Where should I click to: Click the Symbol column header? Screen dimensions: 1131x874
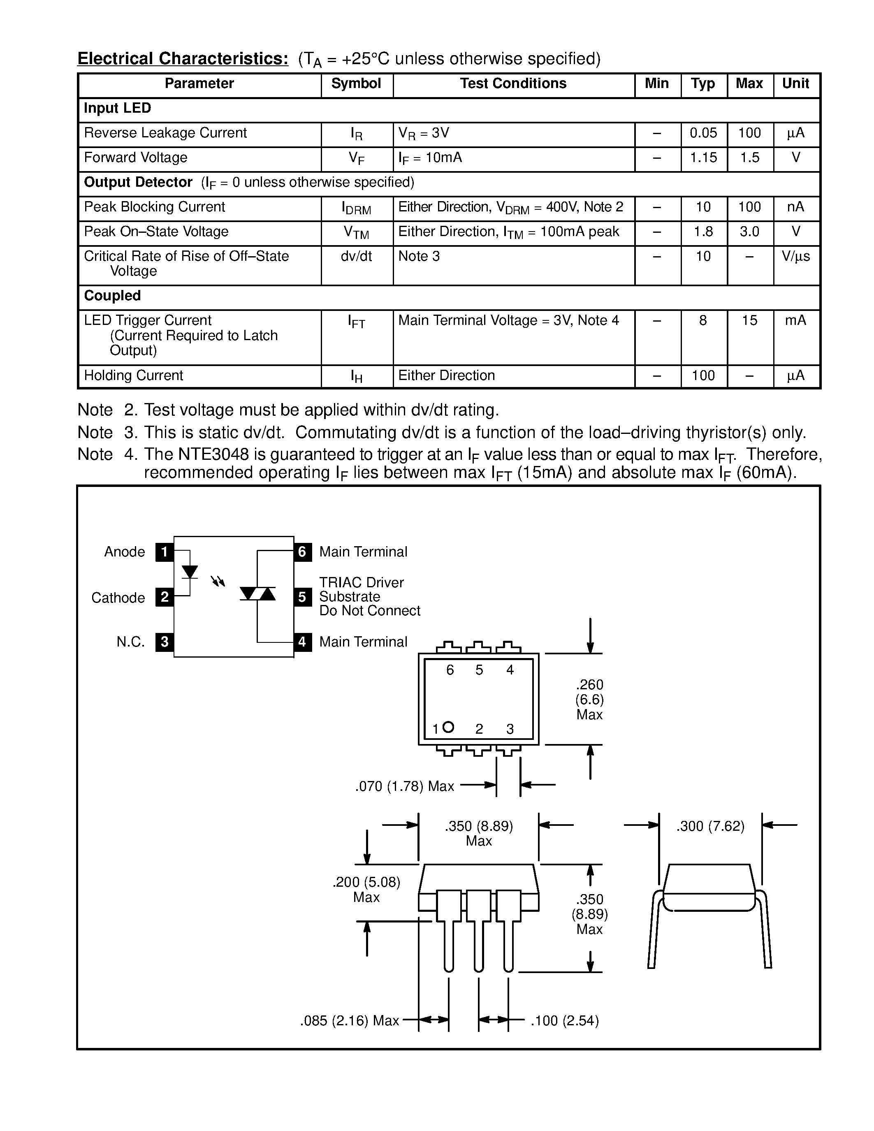click(x=356, y=84)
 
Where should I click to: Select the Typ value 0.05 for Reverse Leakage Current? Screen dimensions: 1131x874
click(x=703, y=133)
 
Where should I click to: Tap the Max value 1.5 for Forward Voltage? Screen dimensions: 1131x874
click(x=749, y=158)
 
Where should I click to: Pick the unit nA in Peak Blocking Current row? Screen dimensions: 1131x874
click(x=795, y=207)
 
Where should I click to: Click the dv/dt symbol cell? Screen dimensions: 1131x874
click(x=356, y=256)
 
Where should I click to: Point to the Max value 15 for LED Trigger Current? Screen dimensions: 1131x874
click(x=749, y=320)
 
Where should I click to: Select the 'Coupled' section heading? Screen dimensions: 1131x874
click(x=112, y=296)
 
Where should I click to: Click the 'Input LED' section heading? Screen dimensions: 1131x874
click(x=118, y=108)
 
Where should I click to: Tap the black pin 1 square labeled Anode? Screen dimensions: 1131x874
click(x=164, y=552)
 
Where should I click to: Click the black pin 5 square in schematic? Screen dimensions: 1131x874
click(x=302, y=597)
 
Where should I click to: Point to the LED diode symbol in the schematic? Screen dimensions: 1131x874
click(x=190, y=572)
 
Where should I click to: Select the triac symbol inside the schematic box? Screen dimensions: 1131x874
click(x=257, y=593)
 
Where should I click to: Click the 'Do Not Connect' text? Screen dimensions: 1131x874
click(x=370, y=611)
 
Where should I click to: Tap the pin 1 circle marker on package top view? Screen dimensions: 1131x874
click(x=448, y=727)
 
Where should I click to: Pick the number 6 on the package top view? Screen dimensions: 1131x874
click(x=450, y=670)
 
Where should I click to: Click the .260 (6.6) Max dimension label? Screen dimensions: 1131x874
click(x=589, y=700)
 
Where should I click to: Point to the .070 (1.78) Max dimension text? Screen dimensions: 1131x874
click(x=404, y=787)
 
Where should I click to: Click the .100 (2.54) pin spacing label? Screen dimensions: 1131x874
click(x=564, y=1021)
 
